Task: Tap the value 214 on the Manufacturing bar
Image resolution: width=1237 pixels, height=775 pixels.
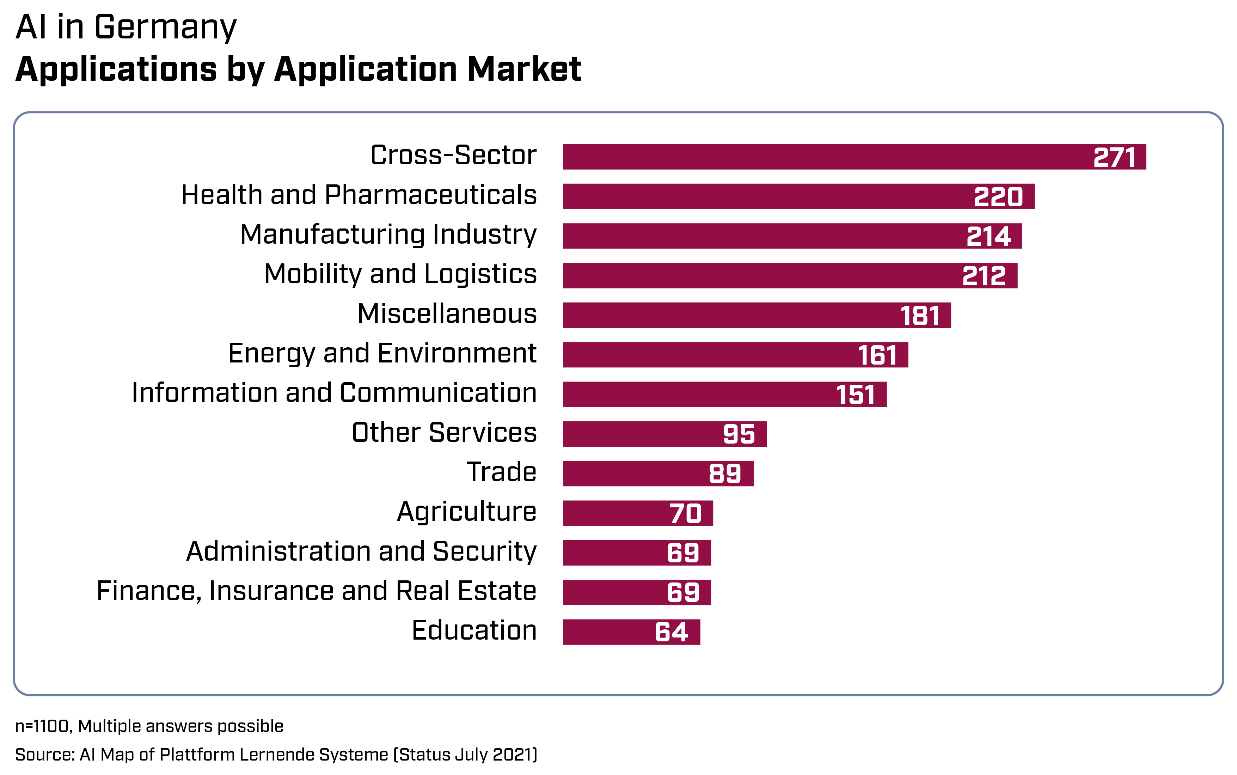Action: (988, 236)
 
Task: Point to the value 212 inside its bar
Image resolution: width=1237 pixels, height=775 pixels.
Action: (984, 276)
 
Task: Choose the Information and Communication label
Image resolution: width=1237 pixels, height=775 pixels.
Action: (334, 393)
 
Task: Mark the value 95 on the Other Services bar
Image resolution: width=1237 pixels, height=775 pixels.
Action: (739, 434)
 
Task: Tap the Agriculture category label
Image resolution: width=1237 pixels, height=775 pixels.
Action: (466, 512)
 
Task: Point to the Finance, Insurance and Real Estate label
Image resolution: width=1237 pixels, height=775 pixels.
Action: (316, 591)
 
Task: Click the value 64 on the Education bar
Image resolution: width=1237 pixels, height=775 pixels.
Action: (671, 632)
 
